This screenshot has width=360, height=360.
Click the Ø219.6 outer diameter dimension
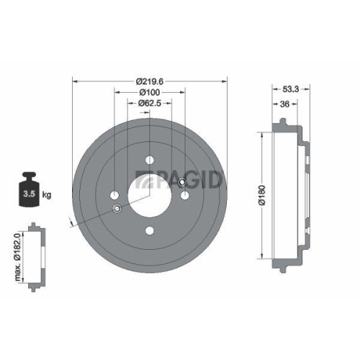coord(149,82)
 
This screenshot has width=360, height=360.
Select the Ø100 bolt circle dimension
coord(149,94)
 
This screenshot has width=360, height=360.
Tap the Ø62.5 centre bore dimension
coord(149,104)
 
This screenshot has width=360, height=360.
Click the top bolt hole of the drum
coord(149,159)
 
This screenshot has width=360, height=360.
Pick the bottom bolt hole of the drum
coord(149,230)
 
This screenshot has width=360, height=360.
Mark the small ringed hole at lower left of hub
coord(117,209)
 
